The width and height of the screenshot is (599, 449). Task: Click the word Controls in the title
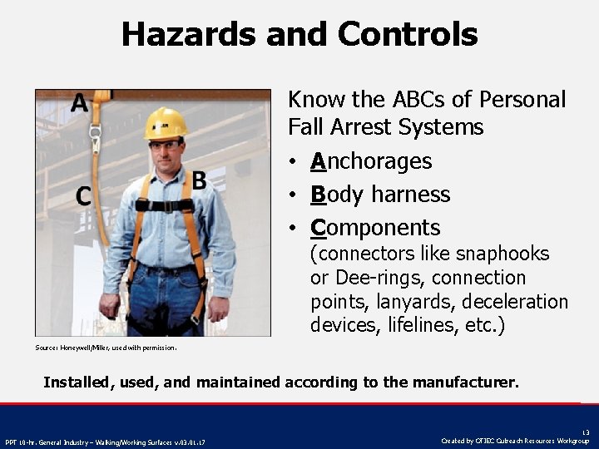coord(408,34)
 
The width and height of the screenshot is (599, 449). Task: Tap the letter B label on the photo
coord(199,180)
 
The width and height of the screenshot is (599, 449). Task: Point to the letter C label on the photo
coord(83,197)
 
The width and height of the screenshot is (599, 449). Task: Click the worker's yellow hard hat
coord(165,124)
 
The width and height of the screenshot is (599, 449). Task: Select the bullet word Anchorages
coord(371,161)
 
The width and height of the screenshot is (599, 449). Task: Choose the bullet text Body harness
coord(380,195)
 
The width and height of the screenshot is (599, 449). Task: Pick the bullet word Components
coord(375,228)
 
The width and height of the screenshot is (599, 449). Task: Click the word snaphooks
coord(503,254)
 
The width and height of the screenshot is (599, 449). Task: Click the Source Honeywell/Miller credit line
coord(106,348)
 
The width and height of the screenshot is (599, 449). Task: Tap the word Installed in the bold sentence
coord(76,383)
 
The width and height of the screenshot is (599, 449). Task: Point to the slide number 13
coord(585,432)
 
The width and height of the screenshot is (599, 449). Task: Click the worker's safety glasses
coord(166,146)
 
